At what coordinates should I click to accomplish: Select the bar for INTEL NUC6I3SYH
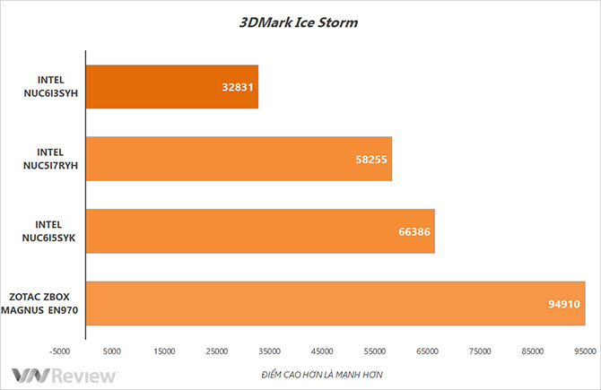click(171, 87)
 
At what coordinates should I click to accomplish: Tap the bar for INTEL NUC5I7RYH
click(239, 159)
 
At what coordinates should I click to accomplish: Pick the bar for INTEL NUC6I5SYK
click(260, 231)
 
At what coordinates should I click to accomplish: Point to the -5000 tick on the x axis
click(59, 351)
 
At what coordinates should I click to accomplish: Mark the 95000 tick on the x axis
click(586, 351)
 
